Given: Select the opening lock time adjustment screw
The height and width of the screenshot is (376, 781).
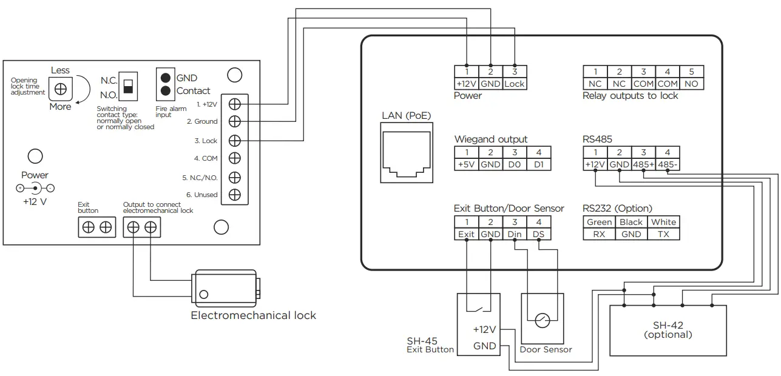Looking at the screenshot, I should click(x=60, y=89).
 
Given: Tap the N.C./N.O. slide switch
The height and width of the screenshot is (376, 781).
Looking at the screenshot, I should click(x=127, y=85).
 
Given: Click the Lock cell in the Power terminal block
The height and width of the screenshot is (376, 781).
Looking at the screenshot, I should click(x=515, y=84).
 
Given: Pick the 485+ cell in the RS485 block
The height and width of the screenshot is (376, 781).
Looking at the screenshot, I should click(x=643, y=164).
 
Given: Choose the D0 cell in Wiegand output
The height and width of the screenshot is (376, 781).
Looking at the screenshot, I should click(x=515, y=164).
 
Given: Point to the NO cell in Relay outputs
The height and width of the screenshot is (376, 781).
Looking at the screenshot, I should click(x=691, y=84).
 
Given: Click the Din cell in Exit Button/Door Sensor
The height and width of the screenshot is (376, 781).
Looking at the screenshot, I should click(x=515, y=234).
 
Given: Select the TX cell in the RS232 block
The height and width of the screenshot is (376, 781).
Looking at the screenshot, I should click(x=663, y=234).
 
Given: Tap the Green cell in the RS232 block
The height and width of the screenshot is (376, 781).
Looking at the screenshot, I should click(x=599, y=222).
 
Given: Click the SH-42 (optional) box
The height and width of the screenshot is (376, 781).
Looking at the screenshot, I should click(x=668, y=331).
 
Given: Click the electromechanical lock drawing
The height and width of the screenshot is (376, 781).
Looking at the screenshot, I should click(x=226, y=287).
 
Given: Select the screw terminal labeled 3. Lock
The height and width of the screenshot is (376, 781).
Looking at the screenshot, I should click(x=235, y=140).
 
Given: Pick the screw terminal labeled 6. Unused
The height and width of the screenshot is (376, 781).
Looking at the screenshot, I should click(x=235, y=195).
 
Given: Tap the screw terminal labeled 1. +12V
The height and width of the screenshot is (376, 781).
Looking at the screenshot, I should click(x=235, y=104).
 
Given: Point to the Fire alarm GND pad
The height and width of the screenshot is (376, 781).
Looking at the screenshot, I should click(x=164, y=78).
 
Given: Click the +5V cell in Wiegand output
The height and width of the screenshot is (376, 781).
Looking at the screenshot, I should click(x=466, y=164).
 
